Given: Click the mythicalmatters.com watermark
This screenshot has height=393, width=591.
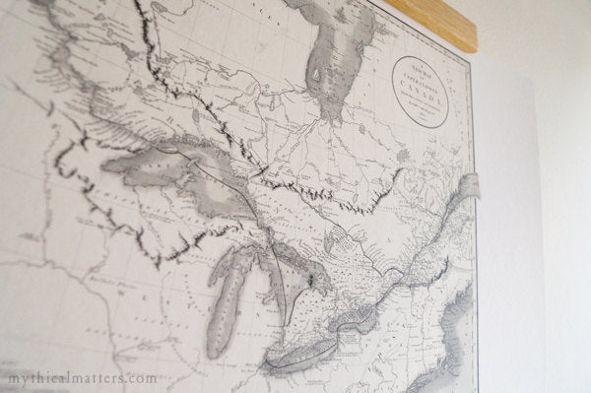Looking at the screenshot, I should coord(79,378).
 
